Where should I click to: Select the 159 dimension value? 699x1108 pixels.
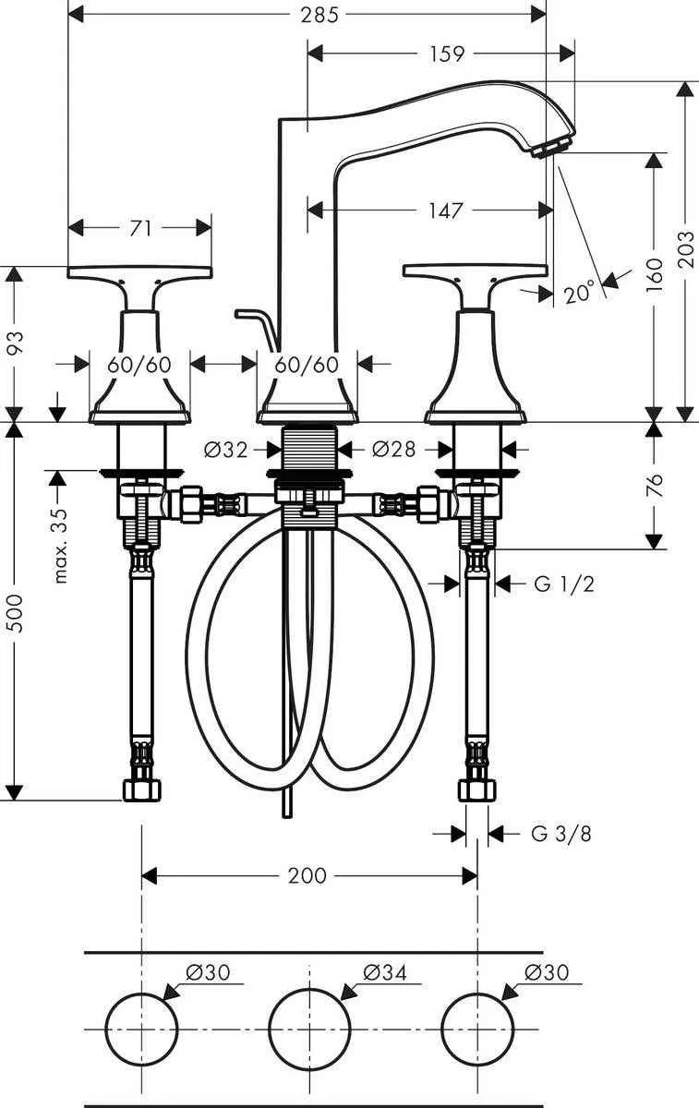tap(446, 54)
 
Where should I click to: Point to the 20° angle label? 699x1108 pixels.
tap(579, 294)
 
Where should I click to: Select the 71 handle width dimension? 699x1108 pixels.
tap(140, 227)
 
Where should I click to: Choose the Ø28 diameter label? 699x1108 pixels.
tap(393, 450)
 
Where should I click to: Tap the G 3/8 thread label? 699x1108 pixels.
tap(561, 834)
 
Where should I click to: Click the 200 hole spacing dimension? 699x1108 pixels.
tap(307, 874)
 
